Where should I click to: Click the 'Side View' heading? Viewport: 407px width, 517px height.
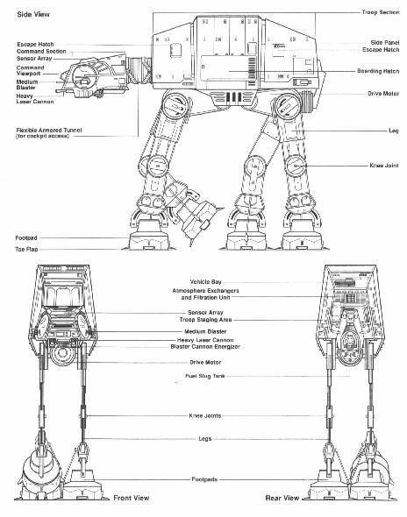(x=33, y=14)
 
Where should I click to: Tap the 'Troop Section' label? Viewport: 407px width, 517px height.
(x=381, y=12)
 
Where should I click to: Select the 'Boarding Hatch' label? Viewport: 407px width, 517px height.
(x=378, y=71)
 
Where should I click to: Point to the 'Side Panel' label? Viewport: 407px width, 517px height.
(x=384, y=43)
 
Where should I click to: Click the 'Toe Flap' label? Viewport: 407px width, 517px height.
(x=26, y=249)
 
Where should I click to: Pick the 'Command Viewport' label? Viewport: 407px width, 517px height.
(x=30, y=71)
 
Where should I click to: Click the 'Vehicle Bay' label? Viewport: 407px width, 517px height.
(x=205, y=282)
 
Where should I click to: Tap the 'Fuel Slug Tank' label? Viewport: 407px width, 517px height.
(x=205, y=376)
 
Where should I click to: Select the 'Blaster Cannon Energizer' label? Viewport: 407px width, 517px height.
(x=205, y=346)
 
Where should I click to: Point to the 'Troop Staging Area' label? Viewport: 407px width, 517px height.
(x=205, y=320)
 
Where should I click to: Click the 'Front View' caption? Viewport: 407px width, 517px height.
(x=132, y=498)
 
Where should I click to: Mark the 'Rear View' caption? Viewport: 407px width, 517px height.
(x=282, y=498)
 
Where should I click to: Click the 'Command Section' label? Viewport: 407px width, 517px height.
(x=41, y=52)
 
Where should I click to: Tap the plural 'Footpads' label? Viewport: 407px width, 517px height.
(x=204, y=479)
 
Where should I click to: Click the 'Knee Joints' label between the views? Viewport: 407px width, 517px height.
(x=205, y=415)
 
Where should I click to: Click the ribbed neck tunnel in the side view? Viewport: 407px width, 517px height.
(x=139, y=70)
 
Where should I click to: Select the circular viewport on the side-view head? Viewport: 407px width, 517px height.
(x=83, y=76)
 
